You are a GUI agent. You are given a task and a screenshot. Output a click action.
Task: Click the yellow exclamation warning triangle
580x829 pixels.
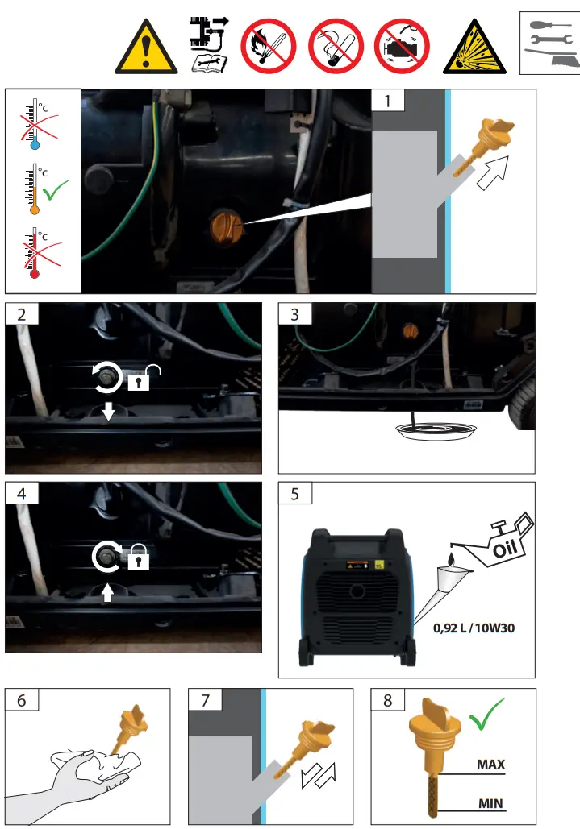click(x=146, y=47)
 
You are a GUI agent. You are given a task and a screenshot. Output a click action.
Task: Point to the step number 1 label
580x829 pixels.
click(x=390, y=102)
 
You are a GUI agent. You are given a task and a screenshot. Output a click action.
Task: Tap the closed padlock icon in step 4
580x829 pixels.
click(x=138, y=557)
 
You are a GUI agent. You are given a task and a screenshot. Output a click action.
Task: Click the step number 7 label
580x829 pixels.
click(x=206, y=700)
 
